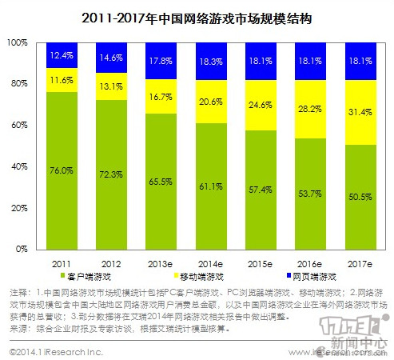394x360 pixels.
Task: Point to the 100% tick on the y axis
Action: pyautogui.click(x=18, y=42)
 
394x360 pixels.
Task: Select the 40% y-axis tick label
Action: pyautogui.click(x=20, y=166)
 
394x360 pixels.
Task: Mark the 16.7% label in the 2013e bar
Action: pyautogui.click(x=164, y=95)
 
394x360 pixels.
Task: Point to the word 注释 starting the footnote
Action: pyautogui.click(x=16, y=292)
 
